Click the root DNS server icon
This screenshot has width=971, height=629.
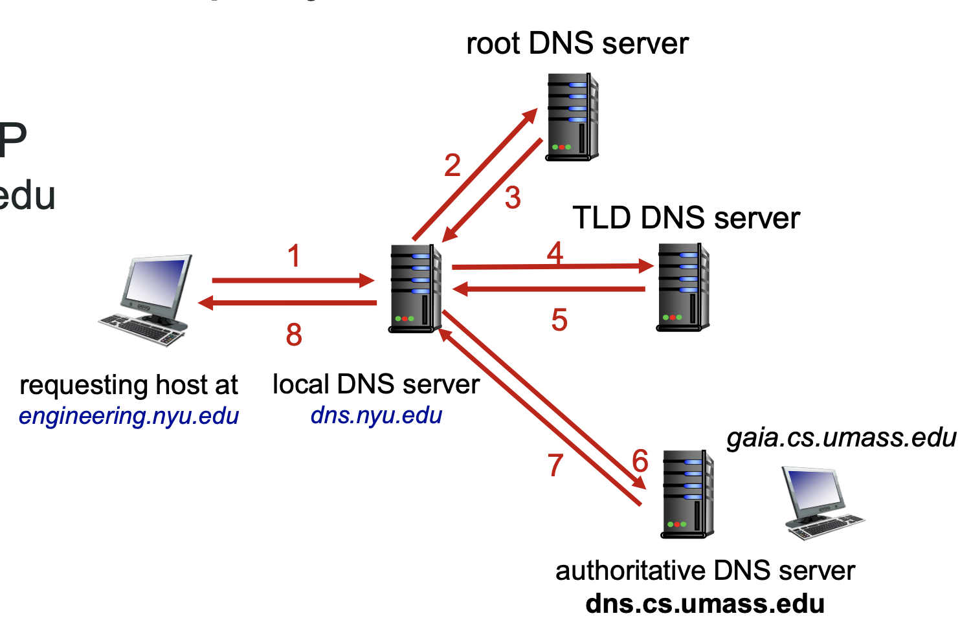pos(572,117)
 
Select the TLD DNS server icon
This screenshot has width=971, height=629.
pos(683,287)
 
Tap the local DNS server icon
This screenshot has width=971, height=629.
pos(415,289)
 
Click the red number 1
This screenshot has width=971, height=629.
pos(294,256)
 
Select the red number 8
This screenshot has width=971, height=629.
pos(294,335)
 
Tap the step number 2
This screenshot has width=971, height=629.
pos(452,166)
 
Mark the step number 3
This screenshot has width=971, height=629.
pos(513,198)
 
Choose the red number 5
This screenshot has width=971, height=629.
pos(559,320)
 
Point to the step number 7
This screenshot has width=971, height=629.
pos(555,465)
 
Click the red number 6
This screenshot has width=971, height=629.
pos(640,461)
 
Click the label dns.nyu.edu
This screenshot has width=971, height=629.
pos(376,415)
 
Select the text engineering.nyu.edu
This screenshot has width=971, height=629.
pos(129,415)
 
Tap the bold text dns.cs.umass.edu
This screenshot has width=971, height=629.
pos(705,603)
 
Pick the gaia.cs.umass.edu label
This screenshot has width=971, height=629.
pos(841,437)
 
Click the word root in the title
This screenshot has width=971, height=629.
pos(493,44)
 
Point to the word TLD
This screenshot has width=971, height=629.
pos(602,218)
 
